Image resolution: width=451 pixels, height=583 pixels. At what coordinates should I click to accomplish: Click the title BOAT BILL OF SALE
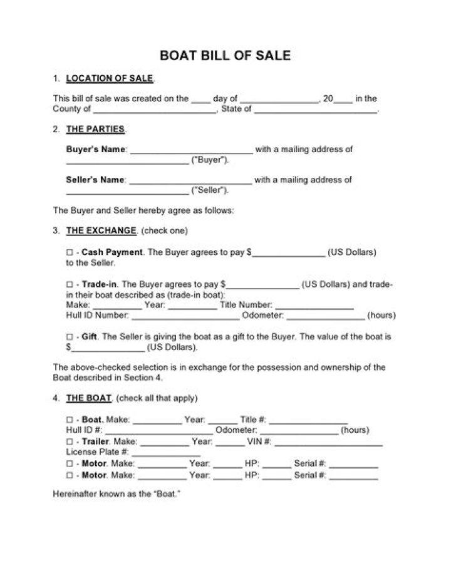225,55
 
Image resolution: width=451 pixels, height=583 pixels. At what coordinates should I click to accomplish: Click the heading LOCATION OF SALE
109,78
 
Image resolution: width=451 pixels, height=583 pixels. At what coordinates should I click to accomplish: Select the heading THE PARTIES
95,130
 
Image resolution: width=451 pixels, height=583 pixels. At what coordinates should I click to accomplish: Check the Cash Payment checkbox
70,252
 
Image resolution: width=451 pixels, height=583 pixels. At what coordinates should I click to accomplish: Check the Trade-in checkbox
70,284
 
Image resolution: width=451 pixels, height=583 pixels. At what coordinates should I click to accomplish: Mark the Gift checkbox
70,337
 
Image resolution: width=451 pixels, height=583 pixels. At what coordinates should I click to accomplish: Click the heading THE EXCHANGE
101,230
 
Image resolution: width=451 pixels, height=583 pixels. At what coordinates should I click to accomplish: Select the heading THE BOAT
89,398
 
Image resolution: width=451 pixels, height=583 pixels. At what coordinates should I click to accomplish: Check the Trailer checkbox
70,441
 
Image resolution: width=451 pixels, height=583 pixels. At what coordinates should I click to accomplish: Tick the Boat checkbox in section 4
70,420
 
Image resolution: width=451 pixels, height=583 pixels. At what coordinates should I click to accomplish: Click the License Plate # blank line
166,453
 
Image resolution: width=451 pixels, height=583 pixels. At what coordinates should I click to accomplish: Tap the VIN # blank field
328,443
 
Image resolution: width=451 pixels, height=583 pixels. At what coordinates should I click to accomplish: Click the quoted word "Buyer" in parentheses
209,160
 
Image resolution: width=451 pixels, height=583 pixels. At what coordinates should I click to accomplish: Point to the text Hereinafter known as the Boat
117,494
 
